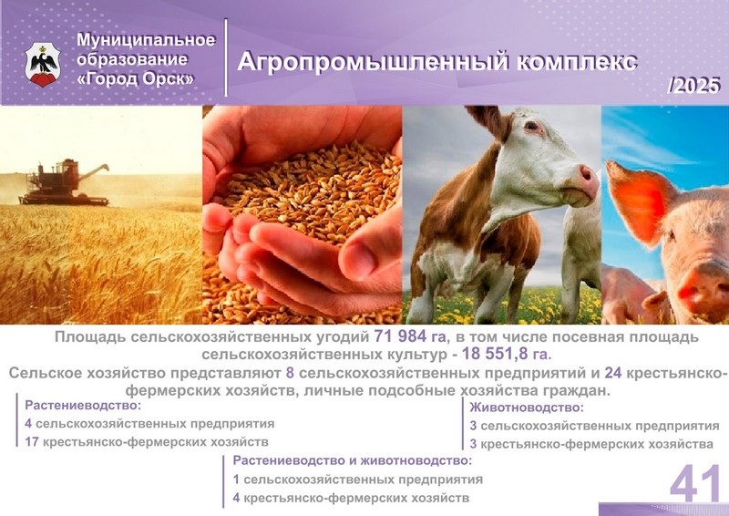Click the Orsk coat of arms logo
coord(43,64)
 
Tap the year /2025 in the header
coord(693,86)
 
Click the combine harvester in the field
coord(64,183)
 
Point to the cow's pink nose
coord(589,180)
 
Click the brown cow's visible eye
coord(532,126)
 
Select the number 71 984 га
coord(409,335)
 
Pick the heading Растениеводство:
coord(83,406)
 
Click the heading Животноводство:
coord(527,408)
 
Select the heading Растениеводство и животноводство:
coord(353,460)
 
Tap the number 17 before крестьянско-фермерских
coord(32,441)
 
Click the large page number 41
coord(695,482)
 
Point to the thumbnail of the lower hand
coord(357,260)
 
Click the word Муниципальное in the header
coord(146,39)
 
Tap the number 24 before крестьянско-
coord(613,373)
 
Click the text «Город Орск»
coord(135,78)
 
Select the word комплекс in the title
coord(577,62)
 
